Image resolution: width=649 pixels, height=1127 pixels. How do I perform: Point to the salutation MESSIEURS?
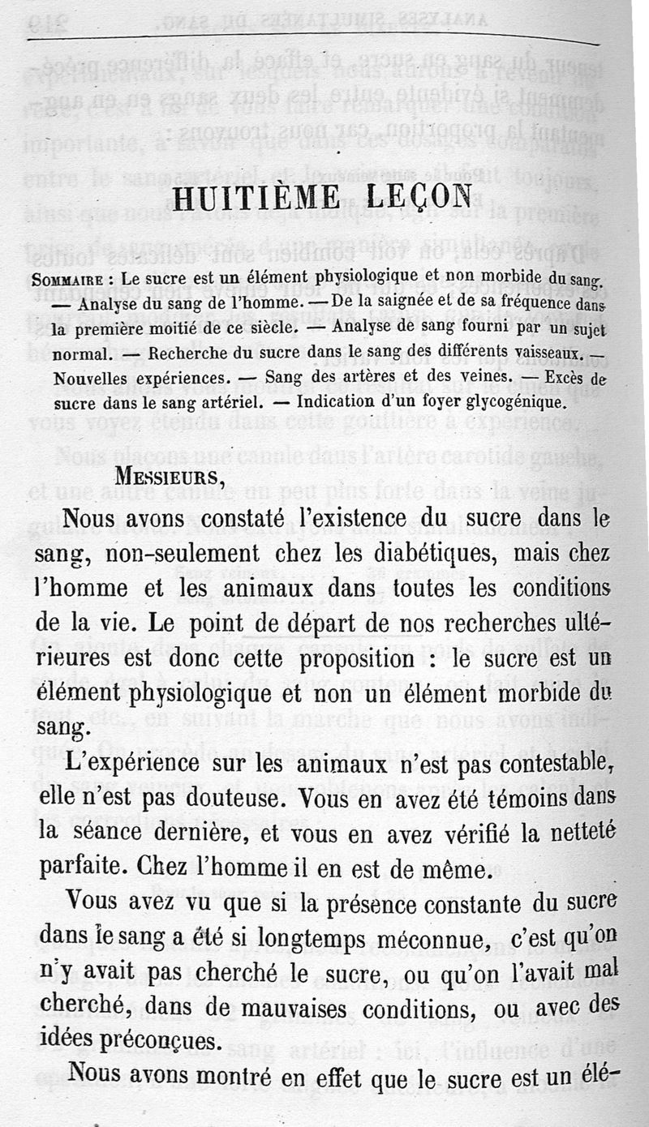click(166, 477)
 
